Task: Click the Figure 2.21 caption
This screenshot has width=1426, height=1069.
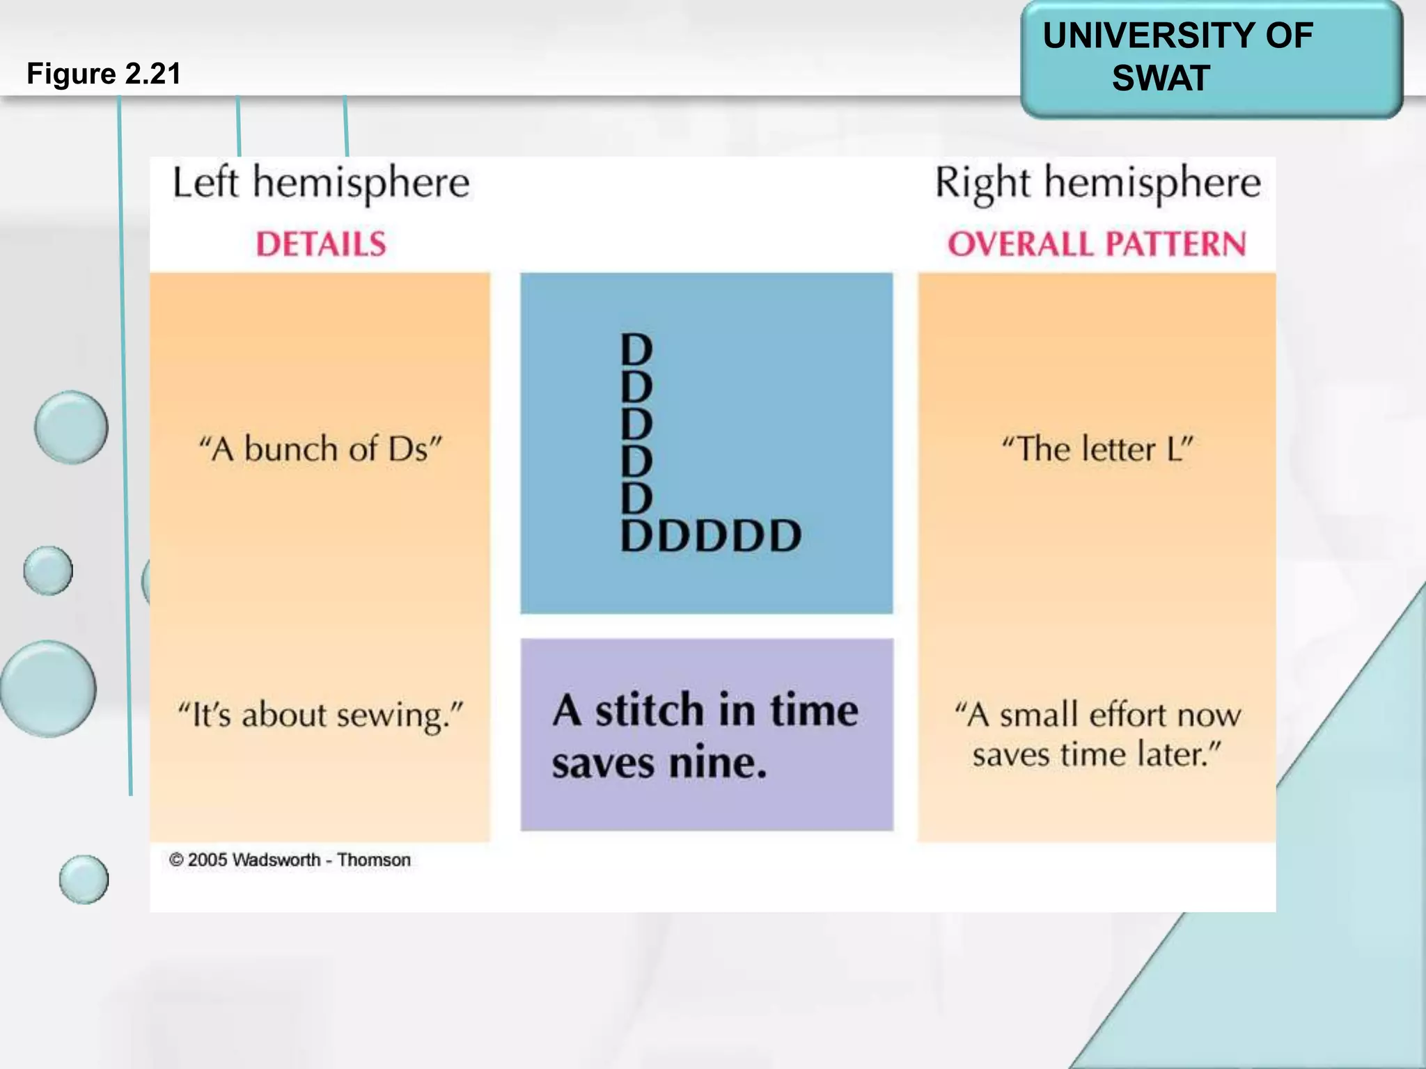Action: coord(104,74)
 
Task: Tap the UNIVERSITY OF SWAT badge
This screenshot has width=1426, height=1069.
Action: coord(1211,59)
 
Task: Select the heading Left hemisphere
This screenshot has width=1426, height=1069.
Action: coord(321,183)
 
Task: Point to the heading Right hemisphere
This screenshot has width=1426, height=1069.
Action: coord(1097,183)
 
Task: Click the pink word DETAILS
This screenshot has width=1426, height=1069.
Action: coord(321,244)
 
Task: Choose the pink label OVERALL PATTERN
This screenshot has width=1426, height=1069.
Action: coord(1097,244)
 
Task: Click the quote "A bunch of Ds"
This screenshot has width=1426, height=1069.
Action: coord(320,449)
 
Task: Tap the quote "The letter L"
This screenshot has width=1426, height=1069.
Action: coord(1097,449)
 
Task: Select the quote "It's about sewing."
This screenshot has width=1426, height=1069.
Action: coord(320,715)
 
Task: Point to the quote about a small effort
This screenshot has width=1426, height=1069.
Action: coord(1097,734)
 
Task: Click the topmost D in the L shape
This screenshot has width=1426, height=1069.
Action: coord(636,349)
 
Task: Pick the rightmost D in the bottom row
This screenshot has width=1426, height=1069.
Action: coord(784,536)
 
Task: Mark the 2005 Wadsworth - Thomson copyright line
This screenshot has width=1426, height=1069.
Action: coord(290,860)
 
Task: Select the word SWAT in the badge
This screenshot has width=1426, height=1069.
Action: coord(1161,78)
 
